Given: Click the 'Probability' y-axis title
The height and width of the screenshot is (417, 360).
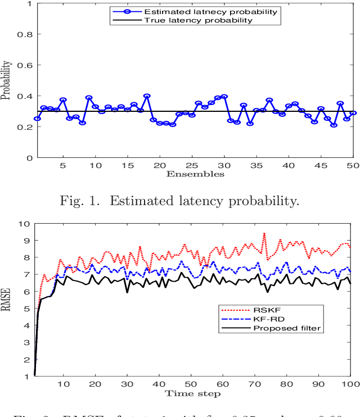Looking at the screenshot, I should point(6,80).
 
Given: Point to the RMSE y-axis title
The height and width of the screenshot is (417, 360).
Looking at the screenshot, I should point(6,300).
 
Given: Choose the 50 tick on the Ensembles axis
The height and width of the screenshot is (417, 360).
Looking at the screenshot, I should point(353,166).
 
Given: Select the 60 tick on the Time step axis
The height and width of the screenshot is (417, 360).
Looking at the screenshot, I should point(223,384).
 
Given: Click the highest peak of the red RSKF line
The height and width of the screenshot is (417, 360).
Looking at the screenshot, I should point(264,233).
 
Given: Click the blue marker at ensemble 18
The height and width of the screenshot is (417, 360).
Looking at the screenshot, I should point(147,96).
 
